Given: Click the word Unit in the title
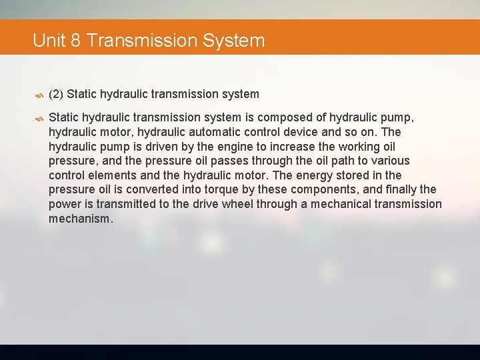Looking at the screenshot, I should point(48,41).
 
